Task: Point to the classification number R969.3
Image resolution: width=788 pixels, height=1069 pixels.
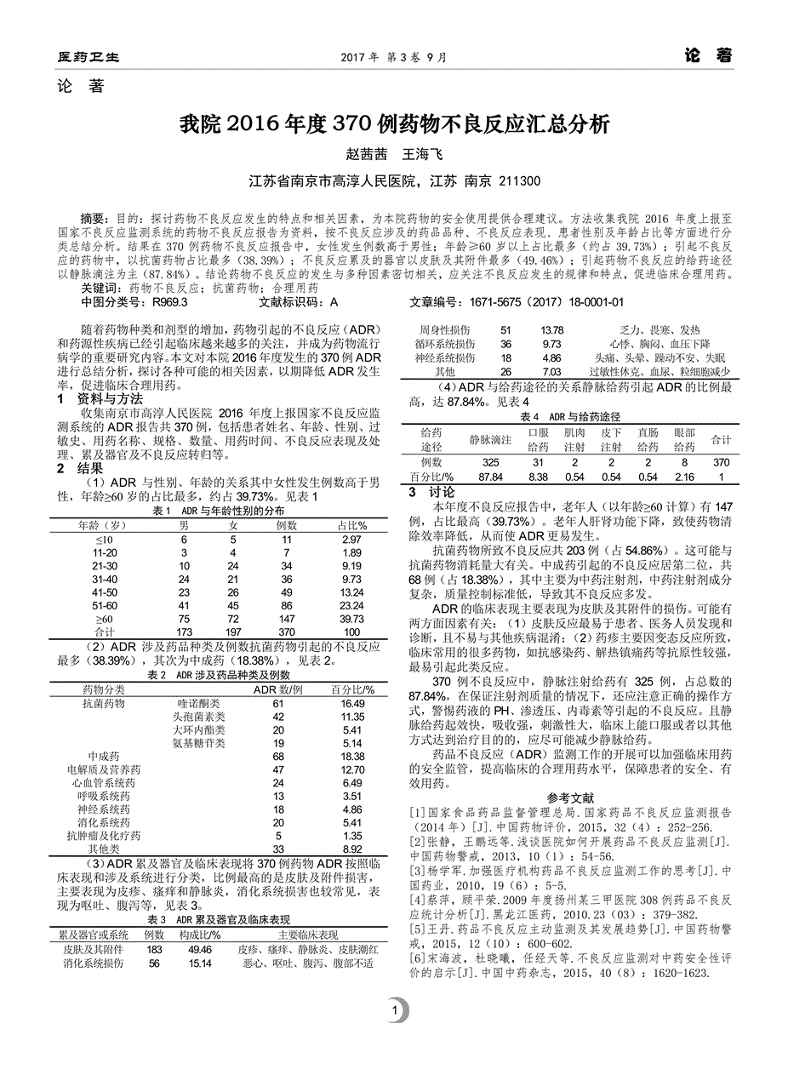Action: pos(170,301)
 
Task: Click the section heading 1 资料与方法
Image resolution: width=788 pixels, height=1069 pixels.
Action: pos(100,398)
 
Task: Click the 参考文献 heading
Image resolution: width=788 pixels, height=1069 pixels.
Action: pos(570,798)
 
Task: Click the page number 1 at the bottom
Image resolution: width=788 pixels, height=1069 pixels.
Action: pos(395,1011)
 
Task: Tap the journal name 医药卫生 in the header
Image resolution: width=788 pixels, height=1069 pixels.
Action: pos(89,58)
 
